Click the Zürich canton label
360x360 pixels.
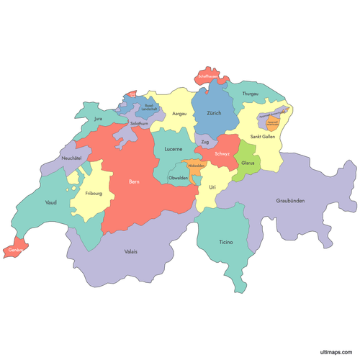(x=214, y=114)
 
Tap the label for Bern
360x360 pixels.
(x=134, y=182)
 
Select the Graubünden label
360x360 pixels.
(x=290, y=201)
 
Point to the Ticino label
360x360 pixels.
(x=226, y=243)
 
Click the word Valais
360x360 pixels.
(x=130, y=251)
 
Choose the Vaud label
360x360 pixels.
(x=50, y=203)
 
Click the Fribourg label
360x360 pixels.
(x=94, y=194)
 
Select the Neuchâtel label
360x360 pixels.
(x=71, y=158)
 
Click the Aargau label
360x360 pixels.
(x=179, y=114)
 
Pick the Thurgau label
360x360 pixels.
(x=251, y=94)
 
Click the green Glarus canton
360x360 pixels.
(x=248, y=163)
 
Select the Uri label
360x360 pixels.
(x=212, y=187)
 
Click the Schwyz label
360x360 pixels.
(x=222, y=154)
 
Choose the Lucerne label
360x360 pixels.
(x=173, y=149)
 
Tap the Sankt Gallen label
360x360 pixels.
(x=263, y=136)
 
